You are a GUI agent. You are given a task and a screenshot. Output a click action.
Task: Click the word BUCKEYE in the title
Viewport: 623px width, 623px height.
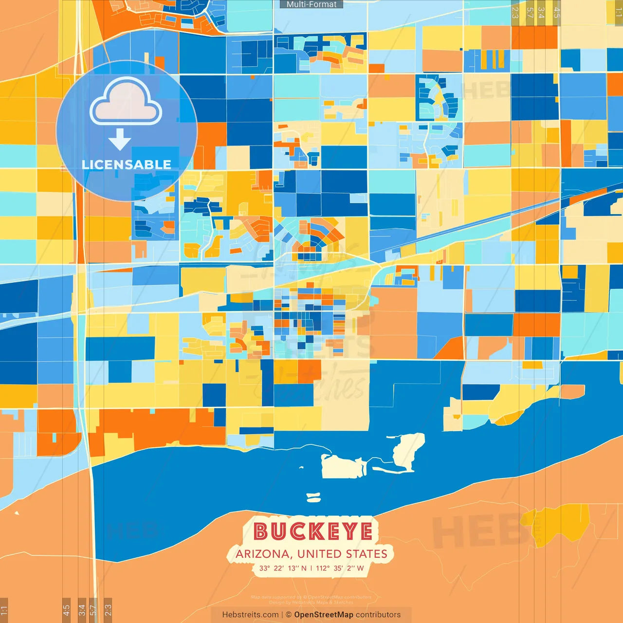tap(313, 531)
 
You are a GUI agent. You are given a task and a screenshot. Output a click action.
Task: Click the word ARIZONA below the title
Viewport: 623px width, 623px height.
tap(262, 554)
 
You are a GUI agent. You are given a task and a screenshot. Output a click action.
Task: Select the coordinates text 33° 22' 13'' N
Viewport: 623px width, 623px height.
tap(282, 568)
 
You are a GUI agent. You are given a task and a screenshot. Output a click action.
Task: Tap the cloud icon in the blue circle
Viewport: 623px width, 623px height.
tap(126, 102)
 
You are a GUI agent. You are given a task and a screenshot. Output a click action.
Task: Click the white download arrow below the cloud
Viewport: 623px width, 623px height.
tap(120, 139)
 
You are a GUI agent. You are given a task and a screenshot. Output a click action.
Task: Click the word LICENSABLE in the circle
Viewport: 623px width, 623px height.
tap(127, 165)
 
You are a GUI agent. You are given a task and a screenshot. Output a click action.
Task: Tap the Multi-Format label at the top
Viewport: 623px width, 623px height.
tap(311, 4)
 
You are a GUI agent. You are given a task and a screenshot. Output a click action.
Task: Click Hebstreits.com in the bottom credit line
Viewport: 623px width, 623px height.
tap(250, 615)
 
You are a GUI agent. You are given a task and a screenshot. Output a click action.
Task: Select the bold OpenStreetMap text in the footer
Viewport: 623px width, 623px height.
tap(323, 615)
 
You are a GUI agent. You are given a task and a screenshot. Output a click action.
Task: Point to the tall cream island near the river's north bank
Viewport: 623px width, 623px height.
tap(408, 450)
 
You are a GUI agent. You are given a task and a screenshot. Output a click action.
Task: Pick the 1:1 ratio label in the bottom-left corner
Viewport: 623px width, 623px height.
tap(4, 610)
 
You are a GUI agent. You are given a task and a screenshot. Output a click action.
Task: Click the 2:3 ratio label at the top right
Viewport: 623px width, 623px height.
tap(515, 13)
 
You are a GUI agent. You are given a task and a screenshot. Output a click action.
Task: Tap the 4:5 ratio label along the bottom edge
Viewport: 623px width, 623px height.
tap(66, 610)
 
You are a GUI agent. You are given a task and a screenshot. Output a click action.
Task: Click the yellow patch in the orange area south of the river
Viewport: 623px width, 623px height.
tap(560, 523)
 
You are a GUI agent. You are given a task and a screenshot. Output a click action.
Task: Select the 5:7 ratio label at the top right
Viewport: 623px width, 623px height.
tap(530, 13)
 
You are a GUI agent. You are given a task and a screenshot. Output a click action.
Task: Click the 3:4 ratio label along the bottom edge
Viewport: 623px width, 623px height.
tap(82, 610)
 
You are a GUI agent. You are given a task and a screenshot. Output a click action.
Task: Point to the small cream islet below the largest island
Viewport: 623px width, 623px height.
tap(313, 497)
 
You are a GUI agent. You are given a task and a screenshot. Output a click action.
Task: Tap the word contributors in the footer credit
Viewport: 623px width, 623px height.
tap(378, 615)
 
